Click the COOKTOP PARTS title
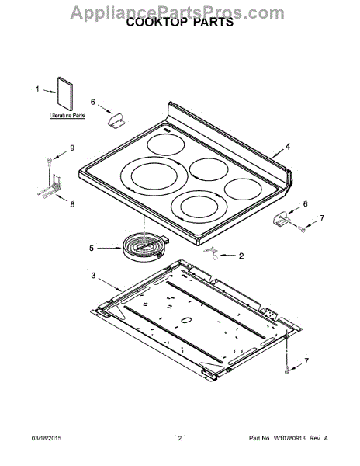click(x=180, y=23)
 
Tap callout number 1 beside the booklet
click(x=37, y=89)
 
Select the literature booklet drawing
click(x=65, y=94)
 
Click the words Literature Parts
click(x=67, y=115)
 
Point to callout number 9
click(x=72, y=148)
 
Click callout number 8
click(x=72, y=204)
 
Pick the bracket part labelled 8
click(x=50, y=186)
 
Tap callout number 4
click(x=288, y=147)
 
